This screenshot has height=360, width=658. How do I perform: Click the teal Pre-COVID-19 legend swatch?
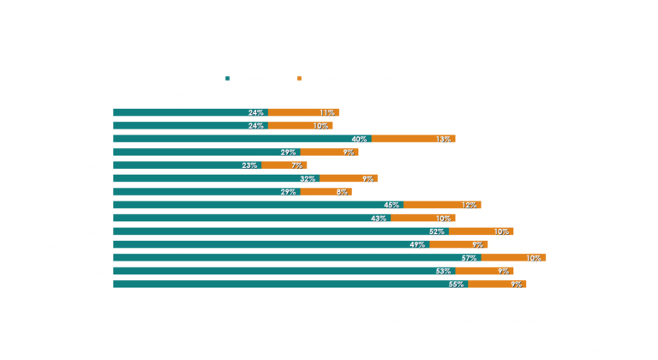point(227,78)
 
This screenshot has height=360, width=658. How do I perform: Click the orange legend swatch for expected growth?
point(300,78)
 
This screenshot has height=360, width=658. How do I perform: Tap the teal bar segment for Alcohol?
point(187,165)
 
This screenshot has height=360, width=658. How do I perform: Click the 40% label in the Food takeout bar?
point(359,139)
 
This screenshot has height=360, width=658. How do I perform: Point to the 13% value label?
point(443,139)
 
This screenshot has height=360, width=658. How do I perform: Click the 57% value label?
point(469,257)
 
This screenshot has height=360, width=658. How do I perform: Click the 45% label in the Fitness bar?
point(392,205)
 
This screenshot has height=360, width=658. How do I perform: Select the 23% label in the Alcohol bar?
point(249,165)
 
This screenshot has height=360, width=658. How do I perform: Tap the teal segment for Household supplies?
point(190,125)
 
